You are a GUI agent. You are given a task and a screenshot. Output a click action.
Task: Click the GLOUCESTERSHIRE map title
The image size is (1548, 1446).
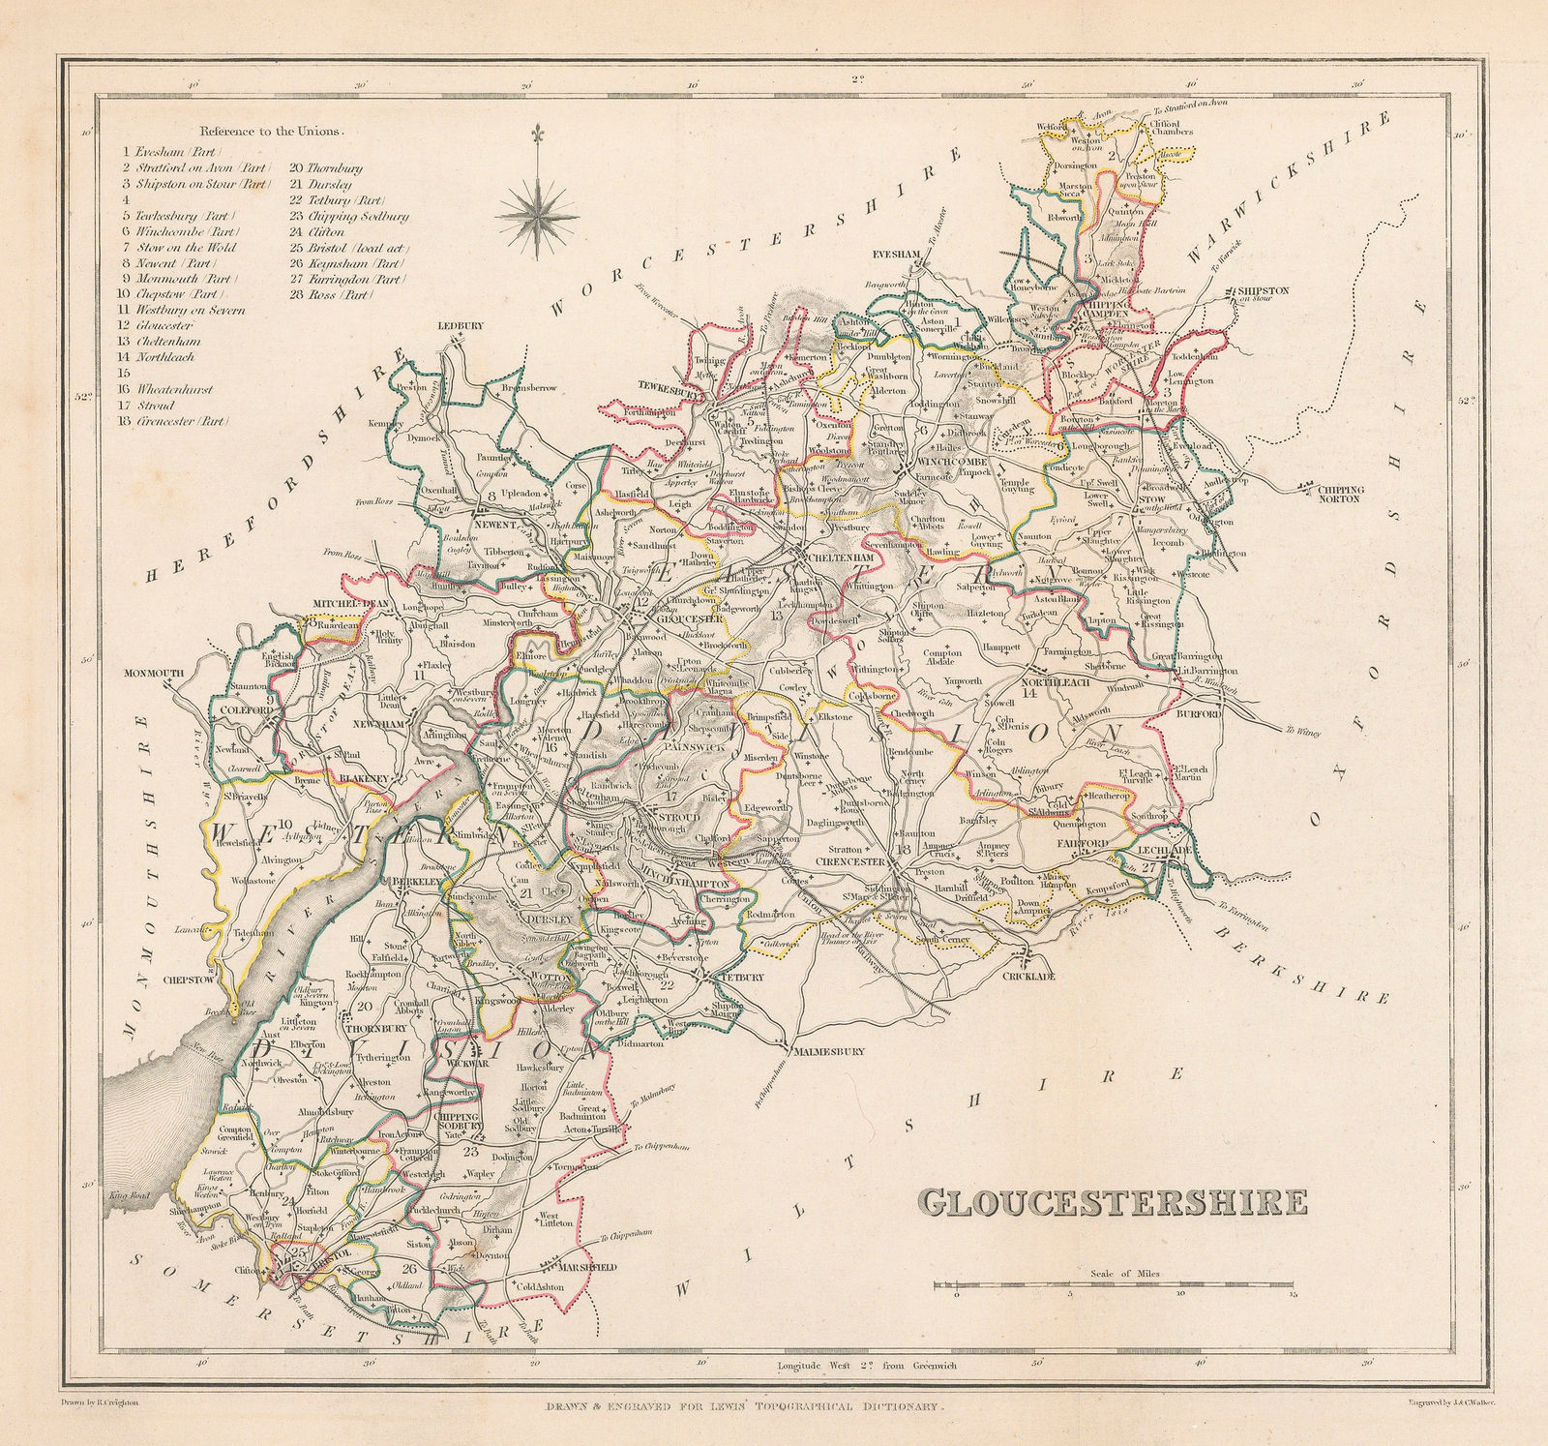point(1112,1202)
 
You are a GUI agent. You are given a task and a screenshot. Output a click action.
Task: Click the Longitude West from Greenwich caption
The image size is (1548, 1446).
point(866,1366)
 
